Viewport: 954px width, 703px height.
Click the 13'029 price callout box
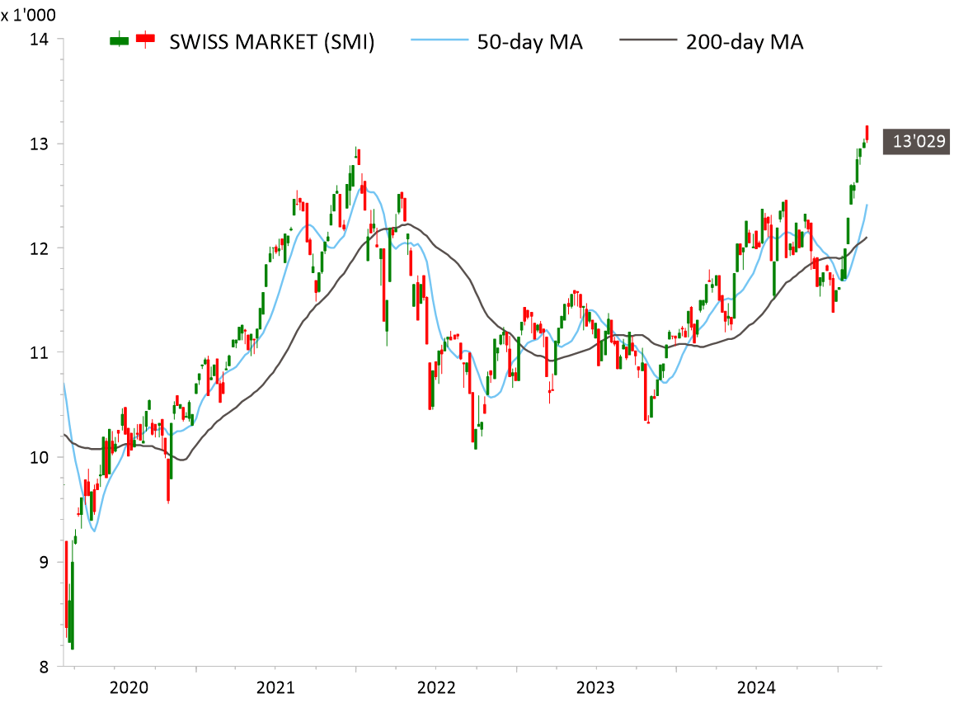tap(915, 142)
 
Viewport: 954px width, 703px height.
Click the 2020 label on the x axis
tap(129, 686)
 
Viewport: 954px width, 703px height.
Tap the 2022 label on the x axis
tap(436, 686)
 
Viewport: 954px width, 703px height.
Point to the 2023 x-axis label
tap(596, 686)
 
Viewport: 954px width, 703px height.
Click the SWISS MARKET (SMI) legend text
tap(272, 42)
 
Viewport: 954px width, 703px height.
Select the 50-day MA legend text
tap(529, 42)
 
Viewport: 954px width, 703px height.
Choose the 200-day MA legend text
tap(745, 42)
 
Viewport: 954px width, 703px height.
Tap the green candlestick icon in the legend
tap(120, 39)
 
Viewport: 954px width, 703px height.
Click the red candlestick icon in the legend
tap(146, 39)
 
